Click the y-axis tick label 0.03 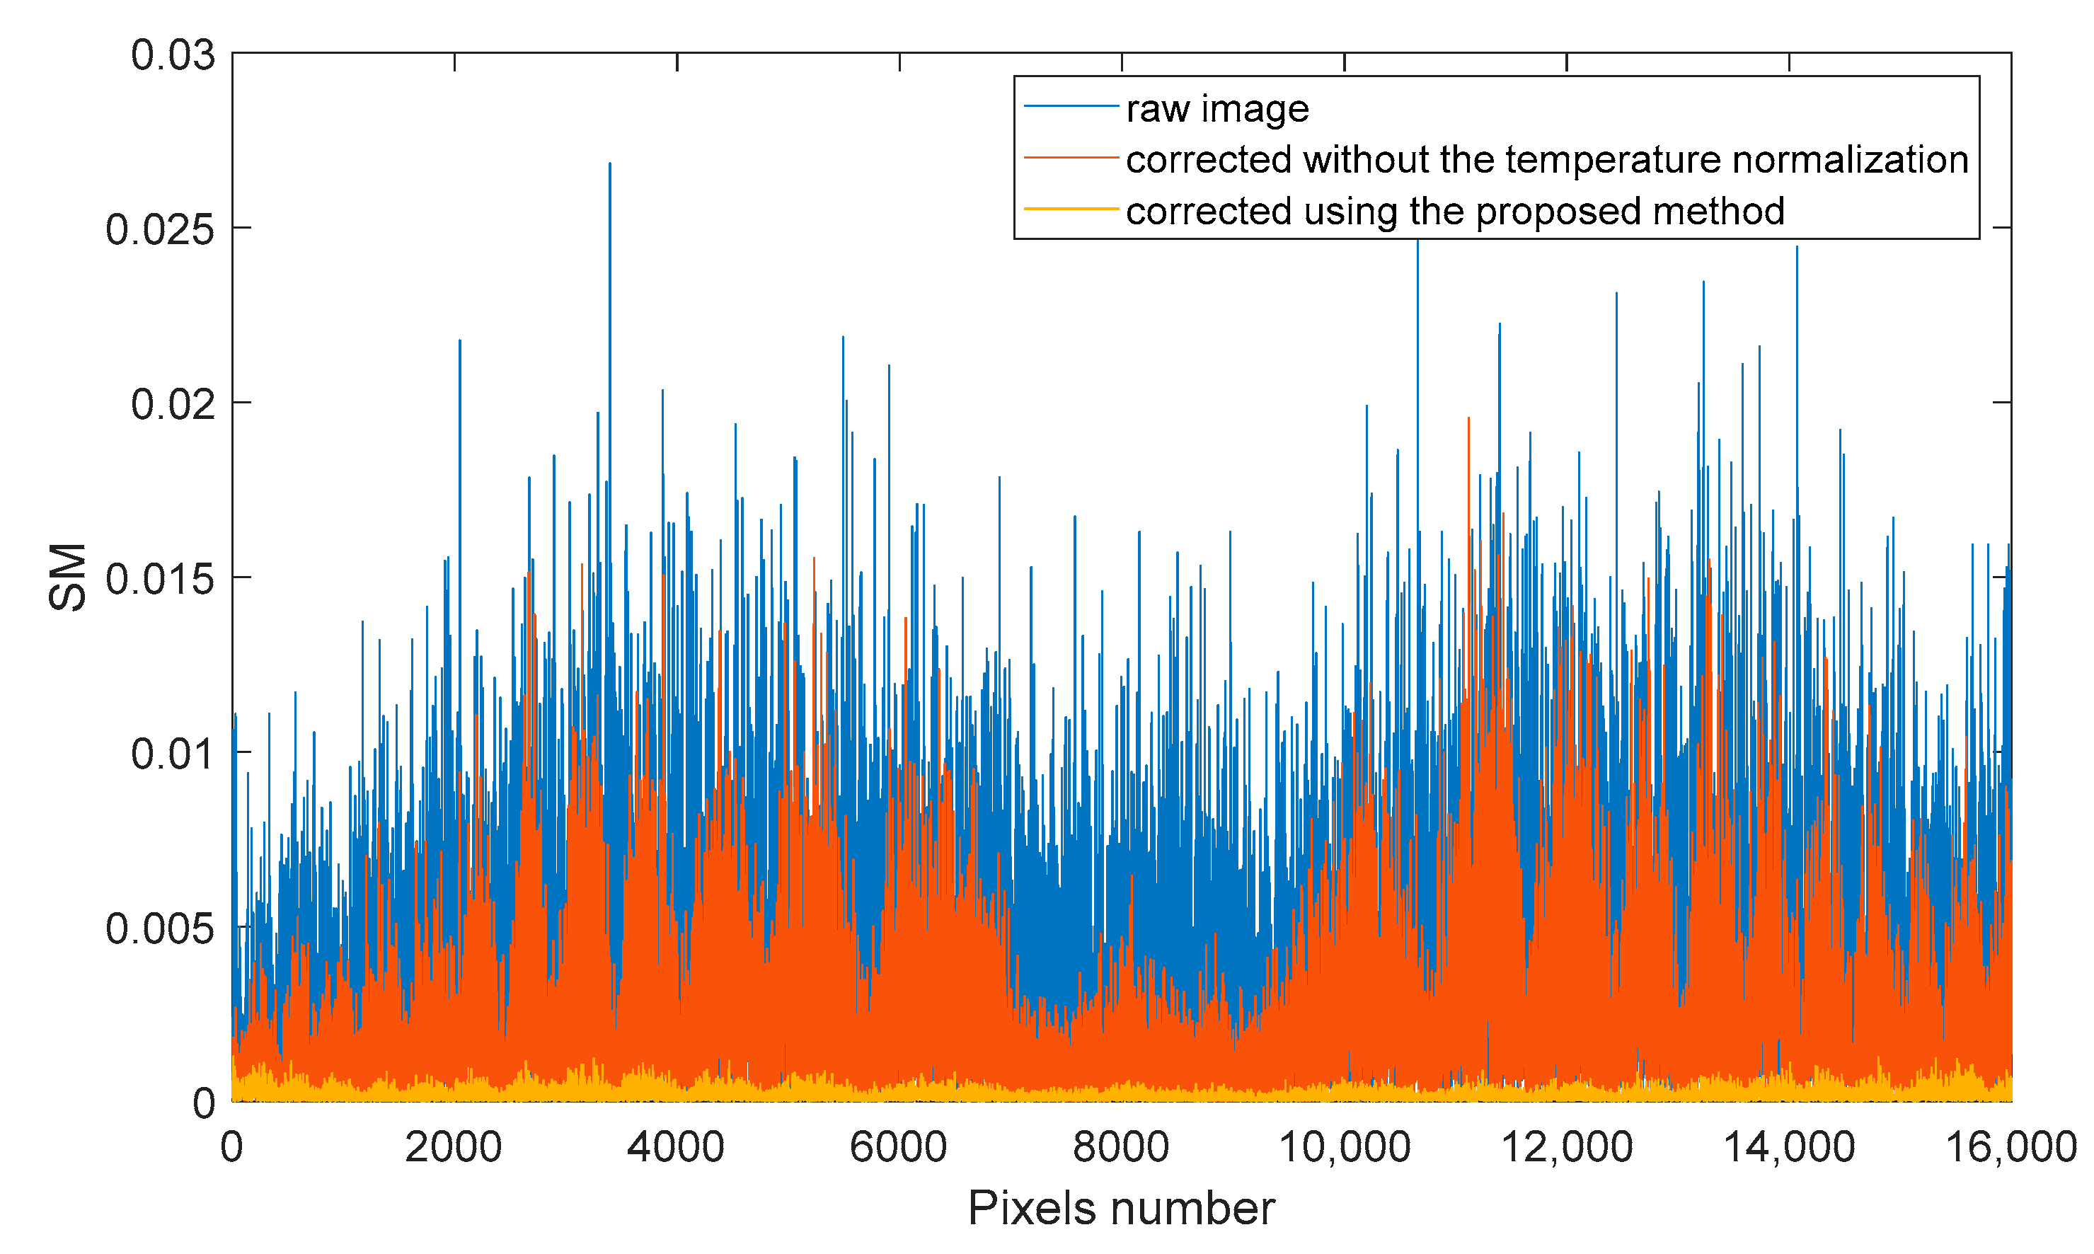point(173,56)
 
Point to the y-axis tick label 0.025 point(160,230)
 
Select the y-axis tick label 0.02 point(173,405)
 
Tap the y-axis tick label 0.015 point(160,580)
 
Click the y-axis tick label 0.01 point(173,754)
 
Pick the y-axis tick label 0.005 point(160,929)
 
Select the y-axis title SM point(68,577)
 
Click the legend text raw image point(1217,109)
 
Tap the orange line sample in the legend point(1070,157)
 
